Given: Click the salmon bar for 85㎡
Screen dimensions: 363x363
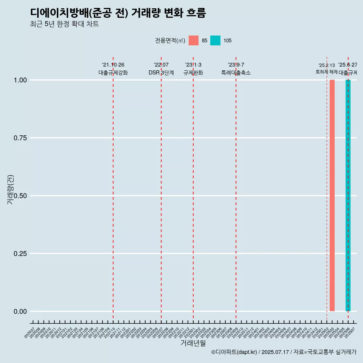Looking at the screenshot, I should point(332,195).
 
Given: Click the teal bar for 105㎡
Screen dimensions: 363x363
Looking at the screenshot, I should point(348,195).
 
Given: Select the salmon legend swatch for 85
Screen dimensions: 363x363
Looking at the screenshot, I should point(194,40).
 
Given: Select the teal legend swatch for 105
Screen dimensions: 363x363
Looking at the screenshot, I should point(215,40).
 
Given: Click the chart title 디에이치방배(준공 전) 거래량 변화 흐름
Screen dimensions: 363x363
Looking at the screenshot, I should point(118,13).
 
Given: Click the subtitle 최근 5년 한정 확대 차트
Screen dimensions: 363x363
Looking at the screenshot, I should point(64,24).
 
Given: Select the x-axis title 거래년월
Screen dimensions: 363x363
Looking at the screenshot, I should point(193,343).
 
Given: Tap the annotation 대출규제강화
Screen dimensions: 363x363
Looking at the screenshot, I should point(113,73).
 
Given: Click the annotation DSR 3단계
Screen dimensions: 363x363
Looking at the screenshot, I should point(161,73).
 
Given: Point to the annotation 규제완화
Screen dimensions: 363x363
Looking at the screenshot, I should point(193,73).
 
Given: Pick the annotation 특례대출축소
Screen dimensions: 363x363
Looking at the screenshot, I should point(236,73).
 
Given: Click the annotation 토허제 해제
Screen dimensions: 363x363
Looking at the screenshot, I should point(326,72).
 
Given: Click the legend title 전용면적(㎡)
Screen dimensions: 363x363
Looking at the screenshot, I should point(170,41).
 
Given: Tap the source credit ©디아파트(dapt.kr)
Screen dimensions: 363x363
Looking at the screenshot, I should point(234,352).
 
